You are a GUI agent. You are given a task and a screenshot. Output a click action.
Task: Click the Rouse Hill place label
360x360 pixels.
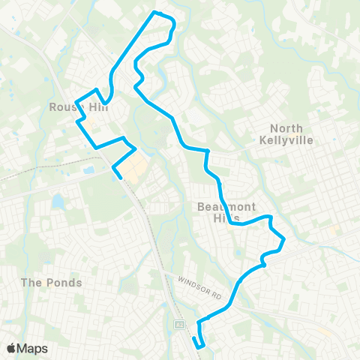click(78, 108)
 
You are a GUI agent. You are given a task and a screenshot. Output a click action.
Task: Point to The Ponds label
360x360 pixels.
click(51, 283)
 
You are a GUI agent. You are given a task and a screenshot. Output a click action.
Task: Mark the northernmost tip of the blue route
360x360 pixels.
click(155, 12)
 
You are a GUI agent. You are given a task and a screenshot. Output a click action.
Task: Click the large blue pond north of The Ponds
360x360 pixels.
click(58, 201)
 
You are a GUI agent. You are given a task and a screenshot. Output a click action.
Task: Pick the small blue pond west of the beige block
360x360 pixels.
click(89, 170)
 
